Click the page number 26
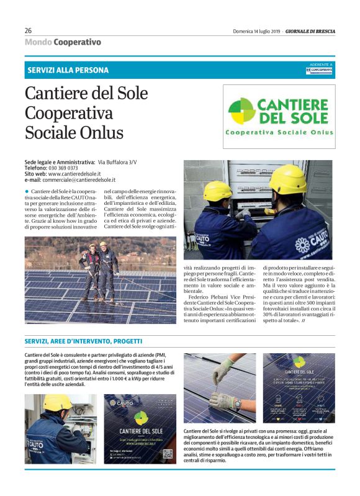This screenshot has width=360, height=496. pos(28,30)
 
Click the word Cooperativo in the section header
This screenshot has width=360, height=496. pos(77,42)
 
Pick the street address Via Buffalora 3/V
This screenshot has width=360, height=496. pos(117,162)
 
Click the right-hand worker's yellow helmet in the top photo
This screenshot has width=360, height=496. pos(288,179)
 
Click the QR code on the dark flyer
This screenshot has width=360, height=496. pos(168,454)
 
